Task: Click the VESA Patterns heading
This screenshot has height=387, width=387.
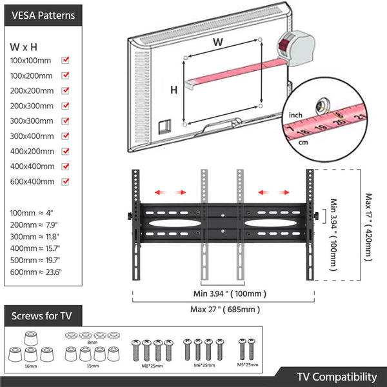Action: [43, 15]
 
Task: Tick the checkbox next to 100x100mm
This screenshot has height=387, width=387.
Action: [65, 60]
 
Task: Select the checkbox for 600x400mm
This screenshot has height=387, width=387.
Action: [65, 182]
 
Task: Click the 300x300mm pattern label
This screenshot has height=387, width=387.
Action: [32, 121]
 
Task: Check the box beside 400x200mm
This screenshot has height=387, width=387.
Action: [65, 152]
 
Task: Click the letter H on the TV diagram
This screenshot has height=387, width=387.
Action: [174, 90]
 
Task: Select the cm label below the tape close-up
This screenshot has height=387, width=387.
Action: [303, 143]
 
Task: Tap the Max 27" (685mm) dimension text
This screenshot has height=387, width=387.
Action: [225, 309]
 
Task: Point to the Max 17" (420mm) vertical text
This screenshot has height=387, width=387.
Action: [368, 226]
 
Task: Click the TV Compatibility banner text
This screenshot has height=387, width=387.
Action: [337, 377]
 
